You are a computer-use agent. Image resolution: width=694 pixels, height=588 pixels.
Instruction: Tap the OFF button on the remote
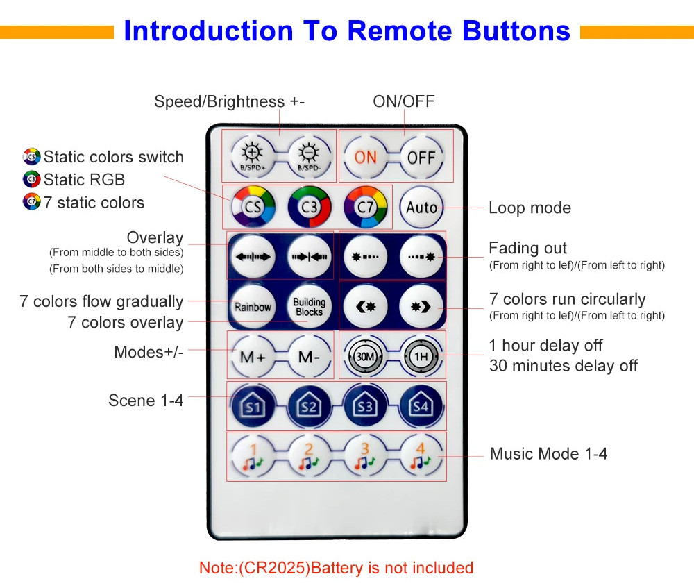tap(421, 157)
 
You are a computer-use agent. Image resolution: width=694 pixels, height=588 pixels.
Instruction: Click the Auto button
tap(421, 207)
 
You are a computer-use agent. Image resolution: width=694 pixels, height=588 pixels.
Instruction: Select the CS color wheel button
tap(253, 207)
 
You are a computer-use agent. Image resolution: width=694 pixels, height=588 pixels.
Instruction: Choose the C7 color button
tap(365, 207)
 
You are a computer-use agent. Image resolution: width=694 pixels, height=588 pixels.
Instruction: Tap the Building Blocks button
tap(309, 306)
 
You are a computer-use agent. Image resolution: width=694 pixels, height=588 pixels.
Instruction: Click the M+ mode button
tap(253, 357)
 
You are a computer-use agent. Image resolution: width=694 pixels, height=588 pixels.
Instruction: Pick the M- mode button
tap(309, 357)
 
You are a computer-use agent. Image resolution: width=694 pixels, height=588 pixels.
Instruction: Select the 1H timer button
tap(421, 357)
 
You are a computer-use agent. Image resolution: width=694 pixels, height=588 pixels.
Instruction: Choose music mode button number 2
tap(309, 456)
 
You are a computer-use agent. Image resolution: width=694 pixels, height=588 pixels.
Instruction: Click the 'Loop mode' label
tap(530, 208)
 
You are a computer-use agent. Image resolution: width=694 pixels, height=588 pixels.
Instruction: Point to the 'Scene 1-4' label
tap(146, 401)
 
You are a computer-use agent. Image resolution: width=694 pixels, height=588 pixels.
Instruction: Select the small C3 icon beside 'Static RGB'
tap(31, 180)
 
